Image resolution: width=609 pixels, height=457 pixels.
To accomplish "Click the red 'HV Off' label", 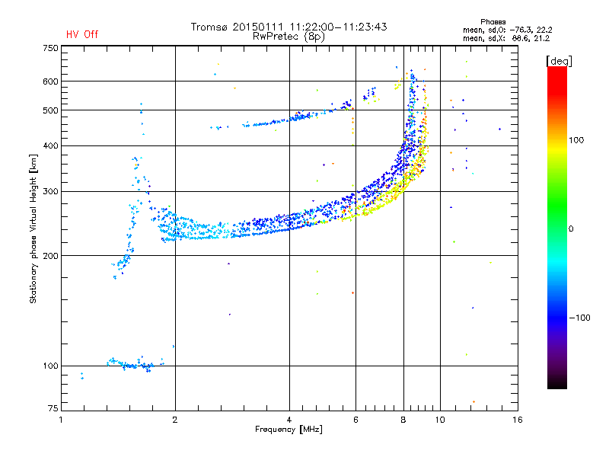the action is [x=82, y=34].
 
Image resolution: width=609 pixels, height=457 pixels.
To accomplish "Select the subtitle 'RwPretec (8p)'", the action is [x=289, y=37].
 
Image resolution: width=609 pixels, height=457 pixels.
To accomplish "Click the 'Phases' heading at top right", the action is [x=493, y=22].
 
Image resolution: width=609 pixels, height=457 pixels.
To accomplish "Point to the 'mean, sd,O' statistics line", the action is [x=507, y=30].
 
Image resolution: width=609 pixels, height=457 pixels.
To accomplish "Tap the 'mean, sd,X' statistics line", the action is [x=506, y=39].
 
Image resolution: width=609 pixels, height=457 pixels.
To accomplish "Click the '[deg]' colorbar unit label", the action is [x=559, y=61].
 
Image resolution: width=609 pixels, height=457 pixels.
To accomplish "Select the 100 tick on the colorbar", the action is [x=576, y=140].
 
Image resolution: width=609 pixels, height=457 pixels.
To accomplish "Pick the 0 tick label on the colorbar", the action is [x=571, y=228].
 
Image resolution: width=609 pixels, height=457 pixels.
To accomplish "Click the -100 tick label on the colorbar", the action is [x=579, y=318].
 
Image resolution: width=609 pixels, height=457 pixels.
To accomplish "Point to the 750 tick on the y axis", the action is [x=50, y=48].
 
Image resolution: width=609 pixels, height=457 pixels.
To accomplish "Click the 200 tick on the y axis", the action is [x=50, y=256].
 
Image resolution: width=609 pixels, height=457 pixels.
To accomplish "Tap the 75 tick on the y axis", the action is [x=53, y=408].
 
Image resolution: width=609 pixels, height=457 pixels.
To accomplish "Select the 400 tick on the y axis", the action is [x=50, y=145].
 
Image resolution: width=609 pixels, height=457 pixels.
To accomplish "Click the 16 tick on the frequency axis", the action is [x=518, y=420].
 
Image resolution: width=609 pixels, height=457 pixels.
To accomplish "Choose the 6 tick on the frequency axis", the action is [x=356, y=420].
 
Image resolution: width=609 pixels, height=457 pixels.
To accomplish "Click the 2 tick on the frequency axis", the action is [x=175, y=420].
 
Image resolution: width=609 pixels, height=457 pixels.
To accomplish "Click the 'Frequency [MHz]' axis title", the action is [x=289, y=430].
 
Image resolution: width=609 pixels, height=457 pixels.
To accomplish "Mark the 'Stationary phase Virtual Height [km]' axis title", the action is [x=33, y=228].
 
